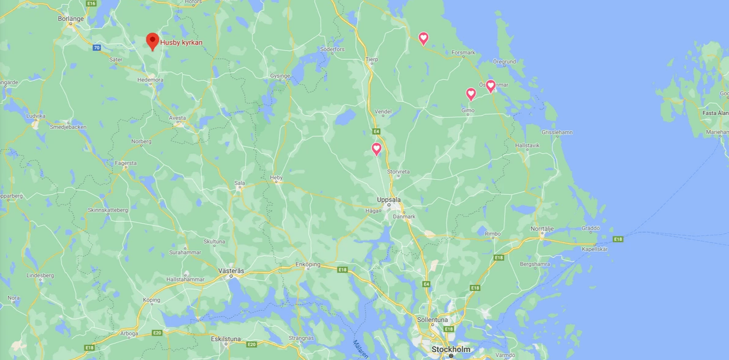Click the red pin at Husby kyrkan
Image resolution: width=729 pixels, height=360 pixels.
[152, 41]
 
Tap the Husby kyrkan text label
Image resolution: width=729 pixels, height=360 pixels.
[181, 43]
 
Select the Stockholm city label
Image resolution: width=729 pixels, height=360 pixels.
[451, 350]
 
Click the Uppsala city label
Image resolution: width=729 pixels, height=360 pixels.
[388, 200]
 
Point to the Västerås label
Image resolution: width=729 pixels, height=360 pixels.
[231, 270]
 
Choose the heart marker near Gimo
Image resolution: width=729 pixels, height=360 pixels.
[471, 94]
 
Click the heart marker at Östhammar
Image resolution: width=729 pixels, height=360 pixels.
[490, 86]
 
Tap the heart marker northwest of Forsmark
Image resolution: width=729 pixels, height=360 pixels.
[423, 38]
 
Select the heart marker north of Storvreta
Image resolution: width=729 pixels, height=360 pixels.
[377, 148]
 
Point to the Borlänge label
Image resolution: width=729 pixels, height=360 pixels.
[70, 19]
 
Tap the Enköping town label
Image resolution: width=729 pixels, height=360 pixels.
[308, 264]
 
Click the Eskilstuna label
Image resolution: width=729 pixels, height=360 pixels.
[226, 338]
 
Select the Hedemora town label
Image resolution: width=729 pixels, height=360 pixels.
[150, 79]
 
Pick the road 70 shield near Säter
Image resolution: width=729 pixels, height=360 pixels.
[97, 48]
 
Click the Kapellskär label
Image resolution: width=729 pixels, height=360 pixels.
[595, 249]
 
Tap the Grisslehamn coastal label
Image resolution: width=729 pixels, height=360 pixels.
[557, 132]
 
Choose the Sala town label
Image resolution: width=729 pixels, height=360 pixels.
[240, 183]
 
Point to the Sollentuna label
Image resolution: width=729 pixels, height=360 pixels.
[432, 320]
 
